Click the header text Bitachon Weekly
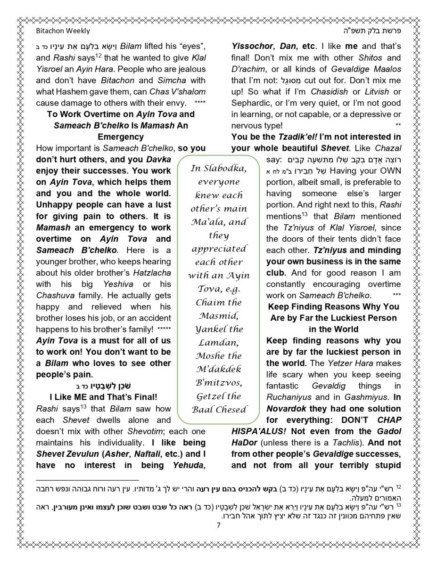pyautogui.click(x=63, y=31)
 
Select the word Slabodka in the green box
pyautogui.click(x=228, y=168)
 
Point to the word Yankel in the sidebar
pyautogui.click(x=202, y=329)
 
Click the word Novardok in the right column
pyautogui.click(x=287, y=409)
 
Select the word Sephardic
pyautogui.click(x=250, y=103)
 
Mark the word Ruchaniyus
pyautogui.click(x=292, y=397)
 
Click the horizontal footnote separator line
pyautogui.click(x=87, y=480)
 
